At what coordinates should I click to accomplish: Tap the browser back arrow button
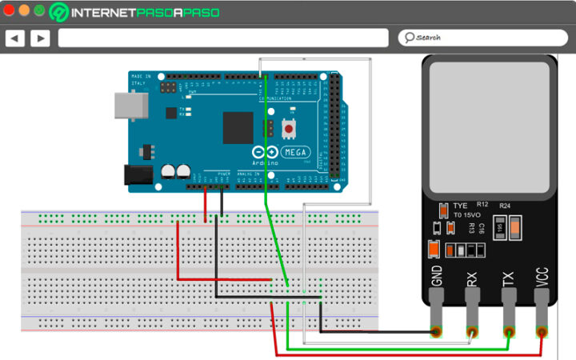pyautogui.click(x=15, y=38)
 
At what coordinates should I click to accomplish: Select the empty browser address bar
pyautogui.click(x=223, y=38)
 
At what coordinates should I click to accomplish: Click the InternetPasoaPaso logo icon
pyautogui.click(x=59, y=12)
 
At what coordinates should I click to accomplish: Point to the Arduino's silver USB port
pyautogui.click(x=125, y=104)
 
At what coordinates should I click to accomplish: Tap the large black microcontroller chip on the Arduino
pyautogui.click(x=238, y=127)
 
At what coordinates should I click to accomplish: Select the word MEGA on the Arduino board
pyautogui.click(x=298, y=151)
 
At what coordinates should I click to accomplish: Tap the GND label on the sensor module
pyautogui.click(x=437, y=276)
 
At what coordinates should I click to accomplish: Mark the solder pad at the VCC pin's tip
pyautogui.click(x=542, y=332)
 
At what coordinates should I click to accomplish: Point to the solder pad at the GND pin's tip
pyautogui.click(x=437, y=332)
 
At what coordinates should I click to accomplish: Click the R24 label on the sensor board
pyautogui.click(x=504, y=206)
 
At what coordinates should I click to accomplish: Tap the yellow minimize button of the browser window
pyautogui.click(x=24, y=11)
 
